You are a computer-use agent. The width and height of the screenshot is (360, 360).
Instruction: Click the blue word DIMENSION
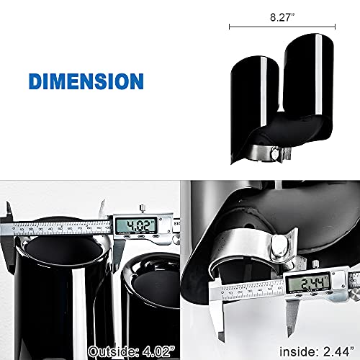(86, 80)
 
